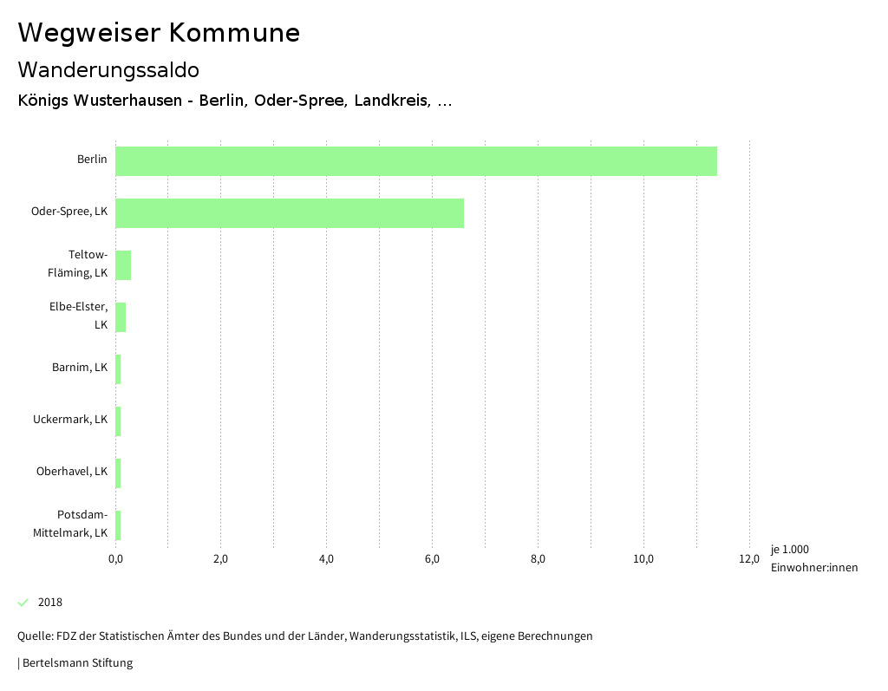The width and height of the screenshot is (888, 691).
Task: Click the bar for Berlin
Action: click(x=416, y=161)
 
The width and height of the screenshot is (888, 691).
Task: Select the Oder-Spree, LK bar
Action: click(x=290, y=213)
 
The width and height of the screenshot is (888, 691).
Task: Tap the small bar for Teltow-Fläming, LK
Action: click(x=123, y=265)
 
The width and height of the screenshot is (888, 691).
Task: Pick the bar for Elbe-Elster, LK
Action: click(x=121, y=317)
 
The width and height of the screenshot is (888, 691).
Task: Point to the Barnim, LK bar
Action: click(x=118, y=369)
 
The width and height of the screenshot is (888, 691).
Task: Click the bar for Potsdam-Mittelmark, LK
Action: click(x=118, y=525)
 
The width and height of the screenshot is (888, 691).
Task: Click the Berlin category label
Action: click(x=92, y=160)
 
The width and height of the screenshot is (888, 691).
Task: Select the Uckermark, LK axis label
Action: click(x=70, y=420)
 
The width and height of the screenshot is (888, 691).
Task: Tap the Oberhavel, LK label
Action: click(x=72, y=472)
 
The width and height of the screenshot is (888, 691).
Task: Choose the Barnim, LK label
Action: click(x=80, y=368)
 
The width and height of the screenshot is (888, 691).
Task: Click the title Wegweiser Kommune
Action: click(x=159, y=33)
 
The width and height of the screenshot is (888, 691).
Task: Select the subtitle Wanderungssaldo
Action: click(x=108, y=69)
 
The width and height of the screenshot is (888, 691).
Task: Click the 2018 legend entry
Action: click(x=50, y=603)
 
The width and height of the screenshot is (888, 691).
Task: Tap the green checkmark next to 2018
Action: click(x=23, y=603)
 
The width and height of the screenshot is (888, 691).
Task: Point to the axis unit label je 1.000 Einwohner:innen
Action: click(x=813, y=558)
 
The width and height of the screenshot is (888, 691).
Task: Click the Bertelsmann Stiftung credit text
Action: click(x=76, y=663)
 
